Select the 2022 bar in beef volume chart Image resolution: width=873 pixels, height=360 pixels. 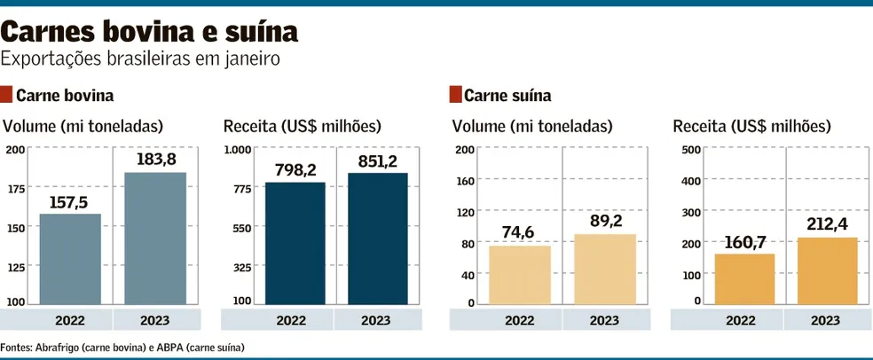click(70, 259)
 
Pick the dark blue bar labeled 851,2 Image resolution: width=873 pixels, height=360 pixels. click(377, 238)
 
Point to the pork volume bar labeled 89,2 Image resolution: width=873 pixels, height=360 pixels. click(604, 269)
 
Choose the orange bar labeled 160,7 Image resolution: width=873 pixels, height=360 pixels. click(743, 278)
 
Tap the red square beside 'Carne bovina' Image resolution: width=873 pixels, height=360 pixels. click(7, 94)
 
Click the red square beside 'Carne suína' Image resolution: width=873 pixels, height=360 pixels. click(456, 94)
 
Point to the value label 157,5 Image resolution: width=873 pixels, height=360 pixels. click(70, 203)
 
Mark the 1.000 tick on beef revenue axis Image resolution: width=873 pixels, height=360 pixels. click(239, 149)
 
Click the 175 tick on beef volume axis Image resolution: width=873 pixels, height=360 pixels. click(15, 188)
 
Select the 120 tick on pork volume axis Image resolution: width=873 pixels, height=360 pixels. click(464, 212)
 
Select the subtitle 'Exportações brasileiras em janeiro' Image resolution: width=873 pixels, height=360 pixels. click(141, 59)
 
